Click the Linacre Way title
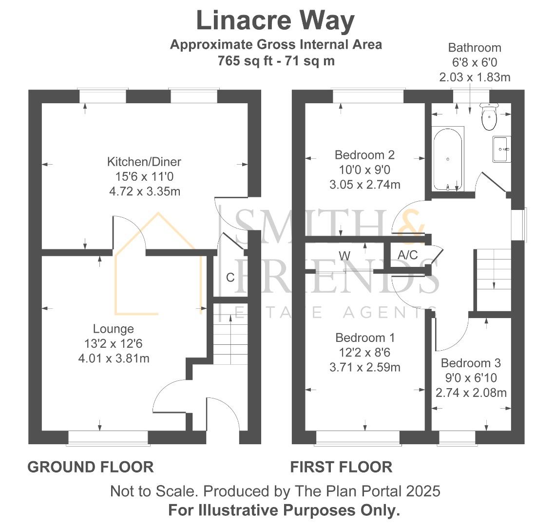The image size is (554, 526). click(275, 21)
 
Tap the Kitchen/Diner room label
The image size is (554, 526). click(144, 162)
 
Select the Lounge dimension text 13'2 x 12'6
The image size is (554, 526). click(114, 343)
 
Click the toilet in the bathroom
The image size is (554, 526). click(489, 116)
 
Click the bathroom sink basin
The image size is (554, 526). click(502, 149)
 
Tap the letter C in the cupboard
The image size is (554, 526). click(230, 278)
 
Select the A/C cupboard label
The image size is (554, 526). click(408, 255)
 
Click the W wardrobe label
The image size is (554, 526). click(344, 255)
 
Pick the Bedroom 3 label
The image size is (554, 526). click(471, 363)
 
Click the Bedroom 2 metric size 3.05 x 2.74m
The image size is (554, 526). click(365, 185)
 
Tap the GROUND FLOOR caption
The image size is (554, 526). click(91, 467)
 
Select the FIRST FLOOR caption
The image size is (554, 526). click(341, 467)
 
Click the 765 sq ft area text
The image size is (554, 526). click(245, 61)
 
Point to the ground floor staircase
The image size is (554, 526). click(230, 334)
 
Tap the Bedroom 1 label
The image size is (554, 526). click(365, 338)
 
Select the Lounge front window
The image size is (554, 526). click(108, 438)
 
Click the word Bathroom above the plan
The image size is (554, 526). click(475, 48)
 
